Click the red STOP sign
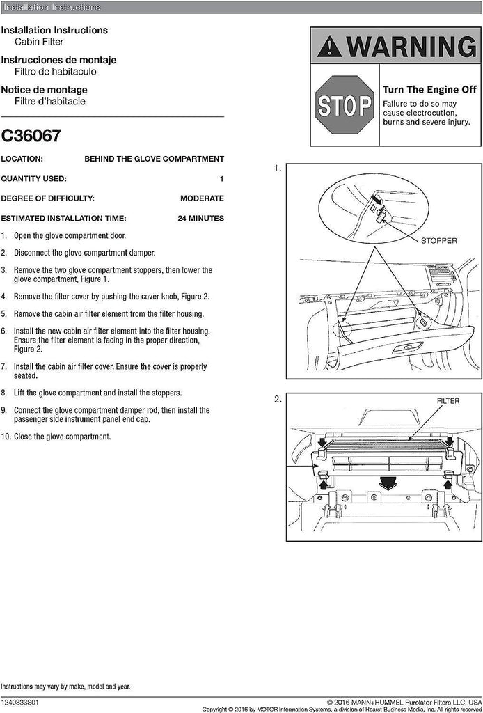pyautogui.click(x=345, y=106)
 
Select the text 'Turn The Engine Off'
pyautogui.click(x=429, y=90)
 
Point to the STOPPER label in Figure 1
pyautogui.click(x=438, y=240)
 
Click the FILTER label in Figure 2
pyautogui.click(x=448, y=402)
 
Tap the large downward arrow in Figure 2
pyautogui.click(x=380, y=483)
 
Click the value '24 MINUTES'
pyautogui.click(x=200, y=218)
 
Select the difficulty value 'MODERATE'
pyautogui.click(x=202, y=198)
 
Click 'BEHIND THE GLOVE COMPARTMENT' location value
pyautogui.click(x=154, y=159)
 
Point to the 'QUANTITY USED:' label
pyautogui.click(x=34, y=178)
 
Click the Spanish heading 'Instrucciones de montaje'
pyautogui.click(x=58, y=61)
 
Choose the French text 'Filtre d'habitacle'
pyautogui.click(x=49, y=101)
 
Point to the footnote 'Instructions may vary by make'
pyautogui.click(x=65, y=687)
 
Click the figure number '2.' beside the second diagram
pyautogui.click(x=278, y=399)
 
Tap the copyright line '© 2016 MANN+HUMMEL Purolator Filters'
pyautogui.click(x=404, y=702)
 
